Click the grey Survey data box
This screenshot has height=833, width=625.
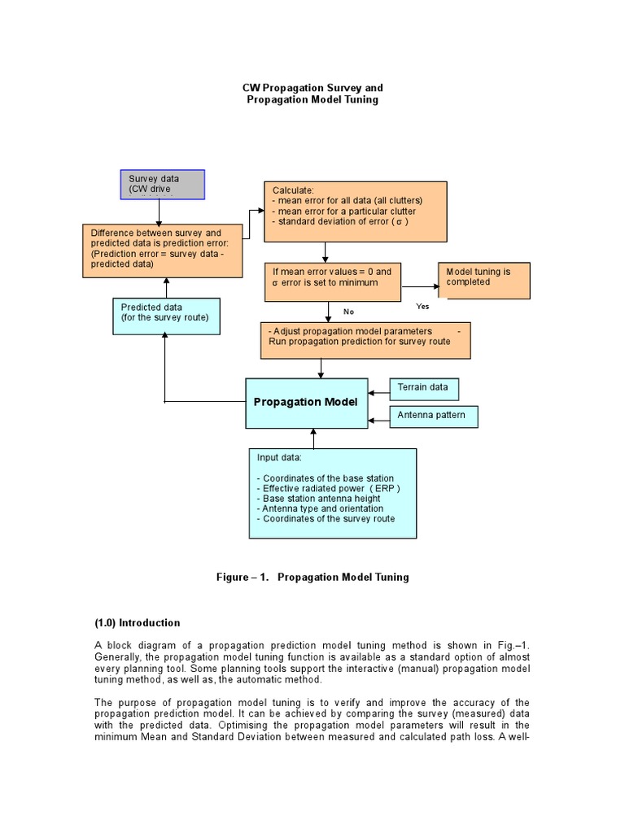pyautogui.click(x=162, y=184)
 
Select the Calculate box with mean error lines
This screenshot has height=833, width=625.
pyautogui.click(x=356, y=212)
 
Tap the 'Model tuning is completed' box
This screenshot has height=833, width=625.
pyautogui.click(x=484, y=280)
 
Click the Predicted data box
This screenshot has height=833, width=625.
pyautogui.click(x=165, y=316)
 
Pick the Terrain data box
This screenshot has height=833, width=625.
pyautogui.click(x=424, y=388)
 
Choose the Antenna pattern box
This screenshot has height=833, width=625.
pyautogui.click(x=433, y=416)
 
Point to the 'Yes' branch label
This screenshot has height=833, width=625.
pyautogui.click(x=422, y=307)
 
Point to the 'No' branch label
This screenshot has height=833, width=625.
pyautogui.click(x=348, y=312)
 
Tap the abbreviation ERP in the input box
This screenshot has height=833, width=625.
pyautogui.click(x=385, y=488)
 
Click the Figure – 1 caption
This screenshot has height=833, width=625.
pyautogui.click(x=312, y=577)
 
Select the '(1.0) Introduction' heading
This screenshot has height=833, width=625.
pyautogui.click(x=138, y=623)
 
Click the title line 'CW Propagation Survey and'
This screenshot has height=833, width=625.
pyautogui.click(x=312, y=87)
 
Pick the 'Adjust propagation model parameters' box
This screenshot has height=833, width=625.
pyautogui.click(x=365, y=341)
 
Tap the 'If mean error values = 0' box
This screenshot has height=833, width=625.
pyautogui.click(x=332, y=281)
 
